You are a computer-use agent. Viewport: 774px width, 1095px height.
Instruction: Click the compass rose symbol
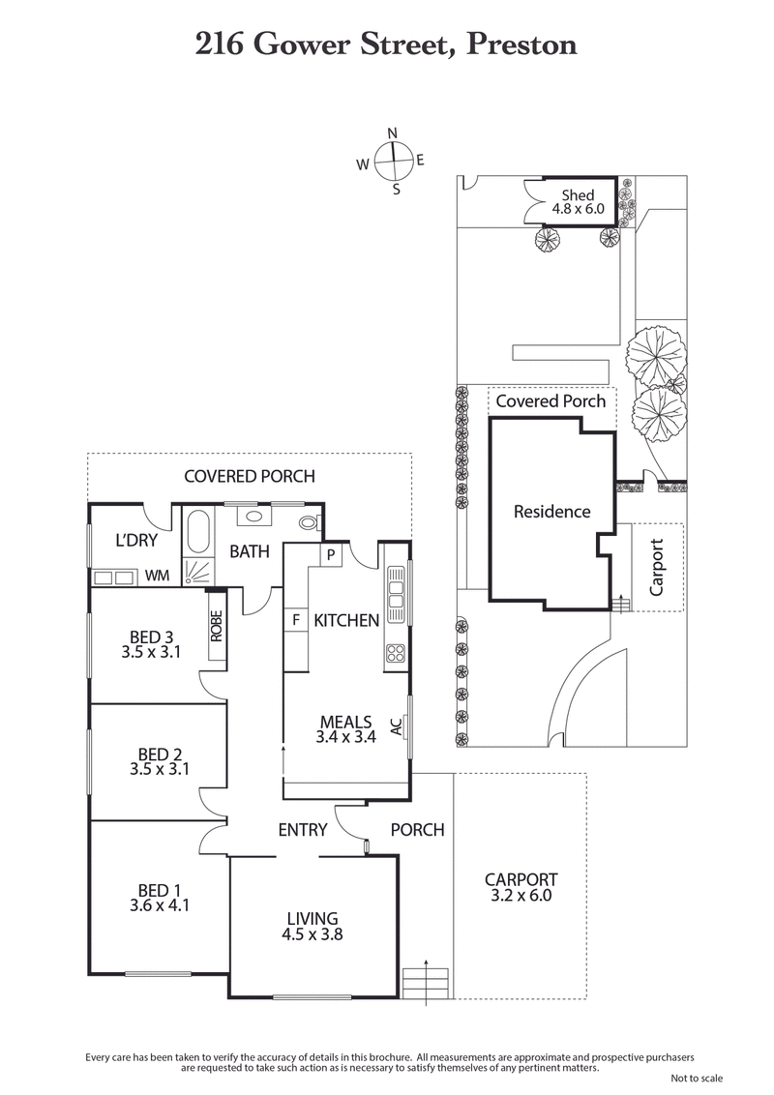(393, 161)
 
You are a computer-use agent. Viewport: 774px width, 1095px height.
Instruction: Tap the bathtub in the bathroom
(197, 535)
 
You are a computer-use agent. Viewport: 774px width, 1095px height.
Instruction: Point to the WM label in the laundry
(157, 577)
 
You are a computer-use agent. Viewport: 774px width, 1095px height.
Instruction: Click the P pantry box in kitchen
(330, 555)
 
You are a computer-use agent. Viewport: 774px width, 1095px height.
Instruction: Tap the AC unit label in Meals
(397, 727)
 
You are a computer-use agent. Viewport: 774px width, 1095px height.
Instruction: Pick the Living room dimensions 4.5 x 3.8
(312, 935)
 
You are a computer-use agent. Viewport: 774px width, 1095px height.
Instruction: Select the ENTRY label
(302, 830)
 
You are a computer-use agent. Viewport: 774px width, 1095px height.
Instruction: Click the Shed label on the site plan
(578, 195)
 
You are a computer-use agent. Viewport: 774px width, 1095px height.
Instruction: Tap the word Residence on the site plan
(551, 512)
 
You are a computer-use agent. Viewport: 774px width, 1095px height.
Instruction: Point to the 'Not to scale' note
(696, 1079)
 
